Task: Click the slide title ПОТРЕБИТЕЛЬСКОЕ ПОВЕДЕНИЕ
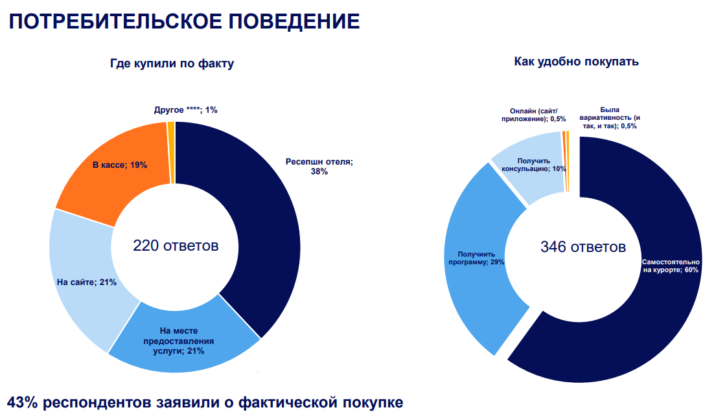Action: coord(184,21)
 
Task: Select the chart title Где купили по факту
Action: coord(172,64)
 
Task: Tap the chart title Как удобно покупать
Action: coord(577,62)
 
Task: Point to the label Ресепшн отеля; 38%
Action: coord(319,166)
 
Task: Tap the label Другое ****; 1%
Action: coord(185,110)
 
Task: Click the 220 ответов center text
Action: coord(176,246)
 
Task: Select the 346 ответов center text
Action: coord(583,247)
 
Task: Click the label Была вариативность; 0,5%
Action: coord(619,117)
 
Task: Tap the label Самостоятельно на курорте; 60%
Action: coord(670,266)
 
